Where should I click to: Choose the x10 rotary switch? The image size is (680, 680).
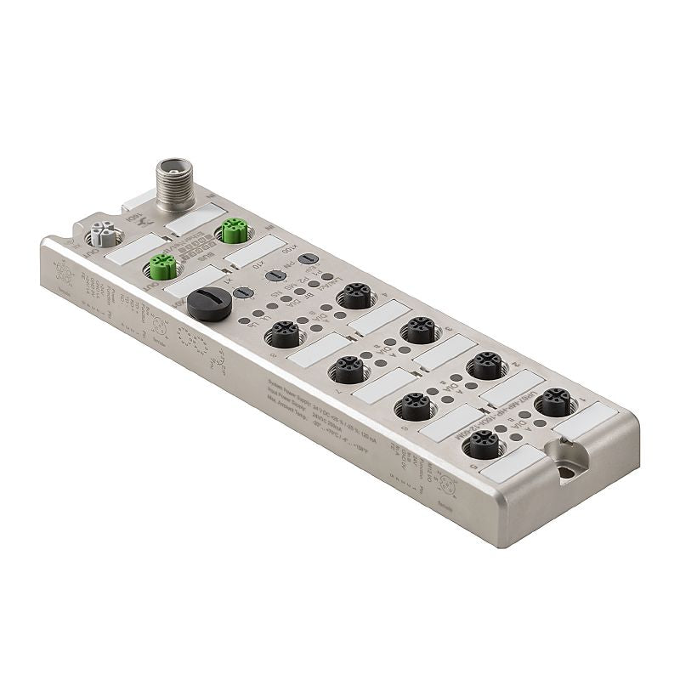click(274, 275)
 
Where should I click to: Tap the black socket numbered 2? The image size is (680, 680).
click(486, 365)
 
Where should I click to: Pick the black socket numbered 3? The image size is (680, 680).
click(419, 330)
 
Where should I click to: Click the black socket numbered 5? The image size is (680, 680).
click(484, 444)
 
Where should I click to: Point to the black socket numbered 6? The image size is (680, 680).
click(415, 406)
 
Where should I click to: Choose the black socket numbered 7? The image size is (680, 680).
click(348, 370)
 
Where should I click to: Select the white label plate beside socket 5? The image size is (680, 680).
click(513, 462)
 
